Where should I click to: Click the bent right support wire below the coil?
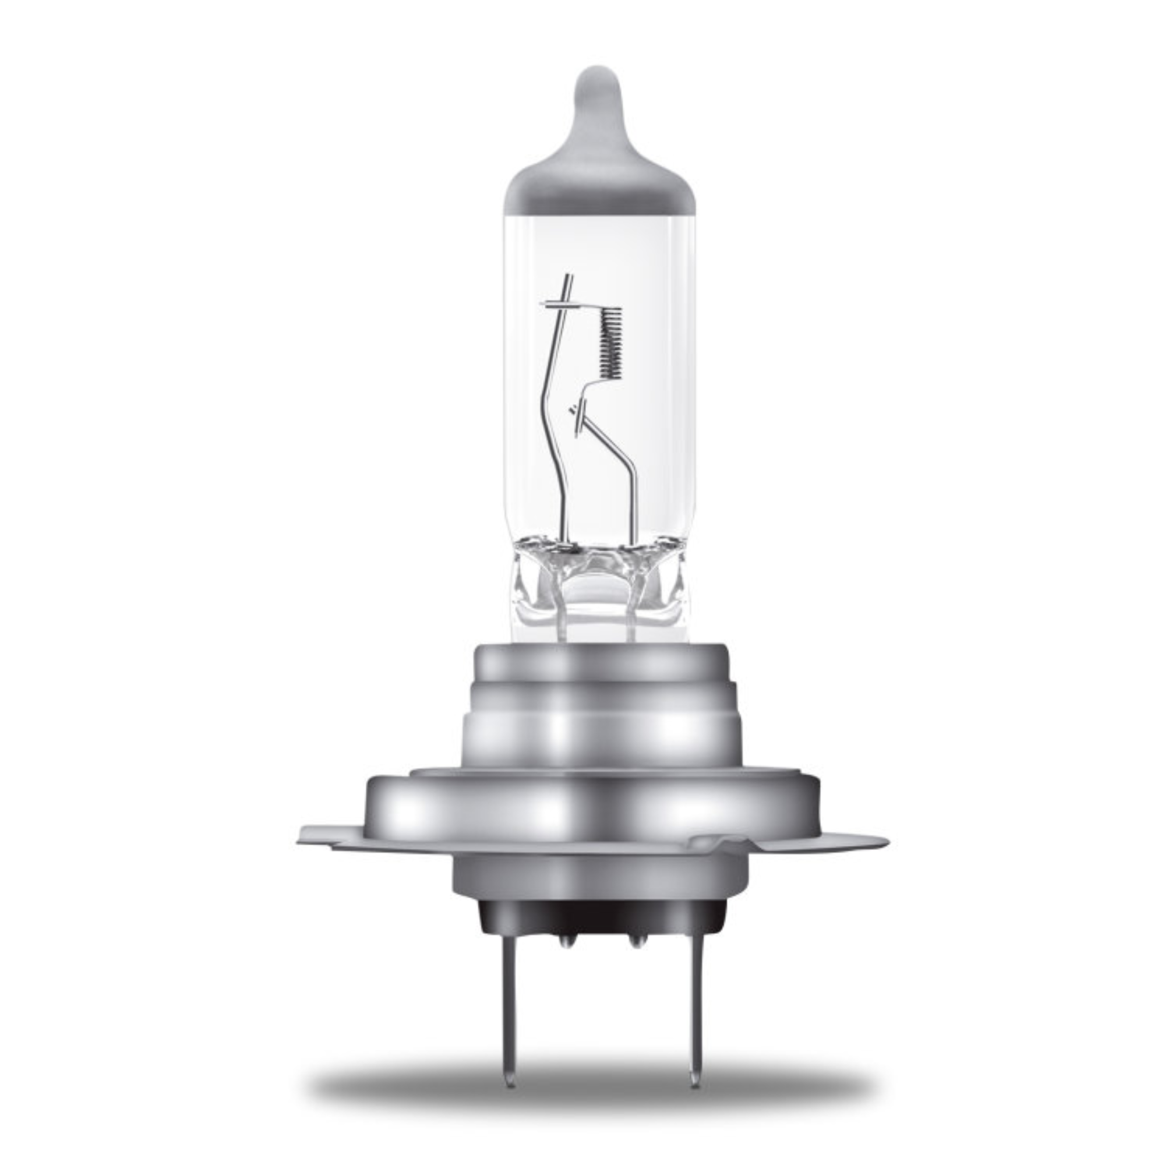pos(621,458)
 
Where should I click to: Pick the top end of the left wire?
pos(569,279)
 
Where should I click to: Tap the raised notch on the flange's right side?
pos(718,839)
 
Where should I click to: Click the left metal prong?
pos(510,995)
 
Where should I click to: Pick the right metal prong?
pos(693,995)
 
